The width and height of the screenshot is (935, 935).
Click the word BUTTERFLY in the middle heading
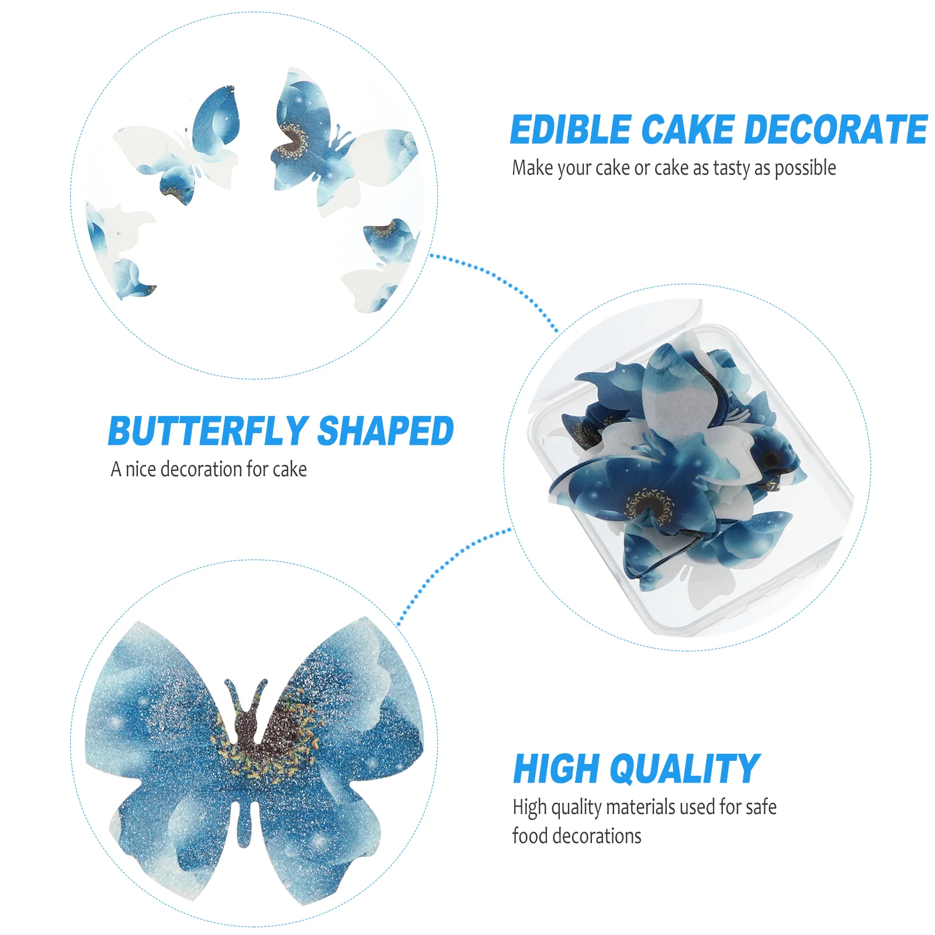pyautogui.click(x=208, y=431)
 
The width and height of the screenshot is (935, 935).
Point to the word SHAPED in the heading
pyautogui.click(x=386, y=431)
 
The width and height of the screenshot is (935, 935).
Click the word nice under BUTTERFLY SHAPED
pyautogui.click(x=140, y=469)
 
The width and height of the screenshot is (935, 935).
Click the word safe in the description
pyautogui.click(x=761, y=807)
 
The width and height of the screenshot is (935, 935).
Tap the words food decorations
pyautogui.click(x=577, y=836)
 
